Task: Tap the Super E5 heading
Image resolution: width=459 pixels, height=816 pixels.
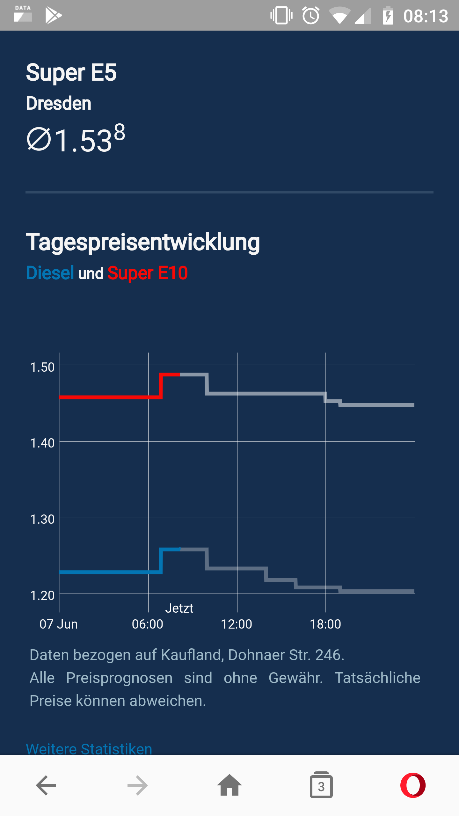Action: coord(71,73)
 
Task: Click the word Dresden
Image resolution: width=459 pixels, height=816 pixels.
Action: coord(59,104)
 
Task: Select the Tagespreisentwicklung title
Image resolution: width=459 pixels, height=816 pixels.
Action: coord(143,242)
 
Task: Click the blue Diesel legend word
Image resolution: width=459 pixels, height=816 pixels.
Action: coord(50,273)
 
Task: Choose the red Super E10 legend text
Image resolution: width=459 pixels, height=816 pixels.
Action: coord(148,273)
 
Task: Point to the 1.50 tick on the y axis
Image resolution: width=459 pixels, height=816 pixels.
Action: coord(42,367)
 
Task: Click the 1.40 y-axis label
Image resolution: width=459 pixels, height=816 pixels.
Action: coord(42,443)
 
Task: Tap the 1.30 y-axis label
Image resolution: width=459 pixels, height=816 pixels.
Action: coord(42,519)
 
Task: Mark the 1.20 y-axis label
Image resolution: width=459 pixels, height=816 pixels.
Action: coord(42,595)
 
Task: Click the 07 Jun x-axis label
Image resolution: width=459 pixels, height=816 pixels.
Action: coord(59,624)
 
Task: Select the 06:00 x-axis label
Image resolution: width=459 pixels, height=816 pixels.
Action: coord(148,624)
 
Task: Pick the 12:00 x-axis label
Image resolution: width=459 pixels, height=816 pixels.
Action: coord(237,624)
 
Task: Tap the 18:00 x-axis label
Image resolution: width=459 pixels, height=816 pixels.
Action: coord(325,624)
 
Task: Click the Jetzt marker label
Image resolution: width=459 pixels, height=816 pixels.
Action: coord(179,608)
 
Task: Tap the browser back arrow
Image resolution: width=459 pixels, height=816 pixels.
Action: coord(46,785)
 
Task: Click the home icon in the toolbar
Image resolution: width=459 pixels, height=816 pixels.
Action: coord(229,785)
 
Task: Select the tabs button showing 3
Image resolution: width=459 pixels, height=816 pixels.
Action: coord(321,785)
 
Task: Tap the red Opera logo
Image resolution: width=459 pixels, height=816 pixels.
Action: coord(413,785)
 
